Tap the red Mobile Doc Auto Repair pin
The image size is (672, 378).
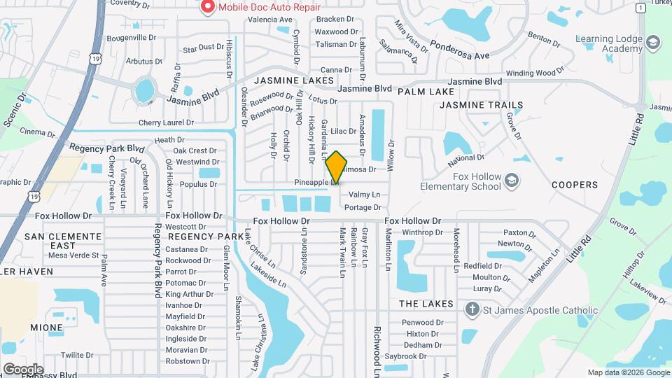[208, 7]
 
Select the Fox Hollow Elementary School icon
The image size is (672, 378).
[512, 181]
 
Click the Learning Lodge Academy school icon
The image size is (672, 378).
[653, 44]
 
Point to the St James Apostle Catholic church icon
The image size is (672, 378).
[472, 309]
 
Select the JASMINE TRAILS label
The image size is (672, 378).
[481, 105]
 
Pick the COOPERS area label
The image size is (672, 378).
[574, 185]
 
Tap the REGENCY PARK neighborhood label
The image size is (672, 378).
[200, 237]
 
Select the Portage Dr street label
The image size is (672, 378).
[363, 207]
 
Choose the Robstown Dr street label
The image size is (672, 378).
[183, 361]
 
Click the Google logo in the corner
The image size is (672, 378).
[23, 369]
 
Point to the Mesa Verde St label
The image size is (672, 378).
[73, 255]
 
